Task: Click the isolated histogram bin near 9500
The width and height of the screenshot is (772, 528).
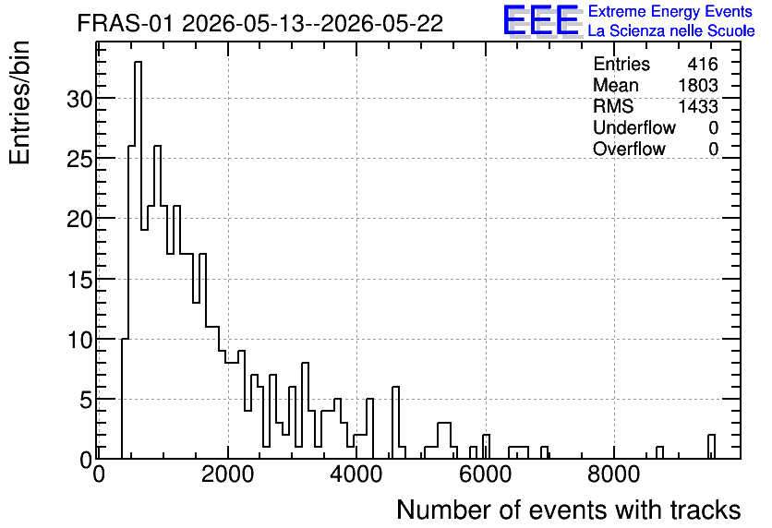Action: [x=711, y=447]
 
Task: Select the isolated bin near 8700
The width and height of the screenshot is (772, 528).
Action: [x=659, y=452]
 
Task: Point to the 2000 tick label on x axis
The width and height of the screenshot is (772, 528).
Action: [x=228, y=474]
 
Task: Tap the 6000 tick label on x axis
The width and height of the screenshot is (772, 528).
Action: [x=486, y=474]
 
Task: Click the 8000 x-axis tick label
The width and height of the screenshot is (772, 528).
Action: [x=614, y=474]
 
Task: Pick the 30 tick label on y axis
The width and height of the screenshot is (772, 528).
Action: [x=79, y=99]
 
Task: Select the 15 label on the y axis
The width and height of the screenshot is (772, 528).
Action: [x=79, y=280]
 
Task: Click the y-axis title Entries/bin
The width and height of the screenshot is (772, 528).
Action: [x=20, y=102]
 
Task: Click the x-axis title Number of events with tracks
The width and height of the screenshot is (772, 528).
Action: [x=569, y=510]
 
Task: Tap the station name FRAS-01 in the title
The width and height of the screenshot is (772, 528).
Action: [x=126, y=23]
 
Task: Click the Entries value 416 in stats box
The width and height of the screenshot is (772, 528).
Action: [x=703, y=64]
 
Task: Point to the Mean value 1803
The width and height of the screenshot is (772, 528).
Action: [x=698, y=85]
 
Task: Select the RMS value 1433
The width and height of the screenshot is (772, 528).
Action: [x=698, y=106]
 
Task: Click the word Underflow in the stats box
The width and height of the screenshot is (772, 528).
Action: [x=634, y=127]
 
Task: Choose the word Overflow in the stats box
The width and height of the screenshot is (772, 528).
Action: [x=629, y=149]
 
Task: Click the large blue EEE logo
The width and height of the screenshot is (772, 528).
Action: [x=541, y=20]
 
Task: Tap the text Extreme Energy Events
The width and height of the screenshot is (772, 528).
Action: [x=670, y=11]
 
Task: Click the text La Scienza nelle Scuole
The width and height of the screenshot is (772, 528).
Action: [x=671, y=30]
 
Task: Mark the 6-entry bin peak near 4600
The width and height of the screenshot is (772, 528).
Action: [x=395, y=388]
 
